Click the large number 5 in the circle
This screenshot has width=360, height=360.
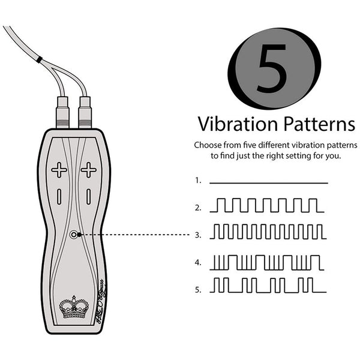(x=276, y=68)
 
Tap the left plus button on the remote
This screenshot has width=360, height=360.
(x=59, y=170)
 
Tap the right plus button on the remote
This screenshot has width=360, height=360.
(x=88, y=170)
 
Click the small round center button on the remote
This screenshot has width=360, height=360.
(x=74, y=235)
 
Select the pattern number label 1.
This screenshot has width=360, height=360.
(x=197, y=180)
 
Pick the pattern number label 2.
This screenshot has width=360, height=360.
(x=197, y=208)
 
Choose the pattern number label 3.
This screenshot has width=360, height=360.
(x=197, y=235)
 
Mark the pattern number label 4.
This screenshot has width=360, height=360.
(x=197, y=263)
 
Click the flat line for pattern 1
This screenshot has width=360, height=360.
(x=269, y=182)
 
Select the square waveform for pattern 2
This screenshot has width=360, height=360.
(x=267, y=206)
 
